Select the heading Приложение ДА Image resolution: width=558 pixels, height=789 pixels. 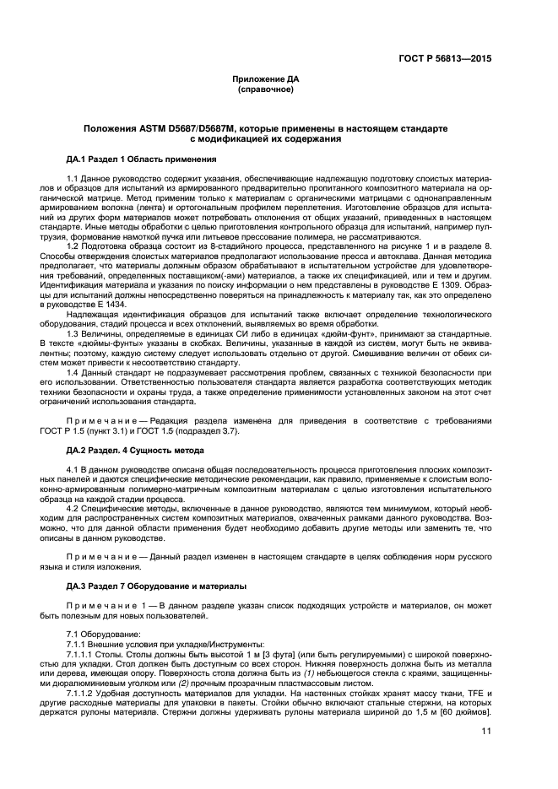click(266, 79)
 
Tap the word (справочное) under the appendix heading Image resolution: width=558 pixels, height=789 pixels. click(266, 89)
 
